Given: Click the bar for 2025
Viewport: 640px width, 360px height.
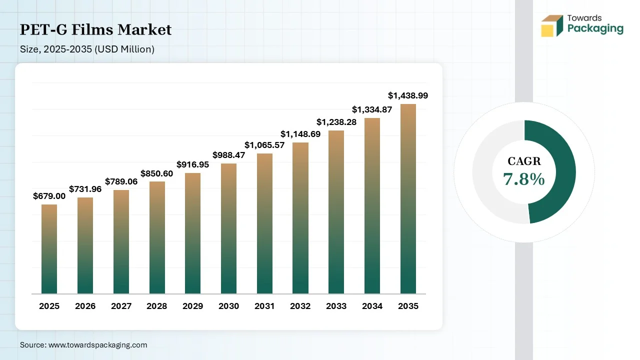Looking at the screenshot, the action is coord(49,249).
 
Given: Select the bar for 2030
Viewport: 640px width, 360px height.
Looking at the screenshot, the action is coord(228,228).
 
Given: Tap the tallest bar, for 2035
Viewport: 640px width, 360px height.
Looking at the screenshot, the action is coord(408,199).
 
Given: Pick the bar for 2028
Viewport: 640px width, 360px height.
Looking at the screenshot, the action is coord(157,237).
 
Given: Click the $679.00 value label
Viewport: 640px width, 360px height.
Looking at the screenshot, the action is coord(49,196).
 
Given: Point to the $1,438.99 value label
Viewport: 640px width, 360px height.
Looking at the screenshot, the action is coord(408,95).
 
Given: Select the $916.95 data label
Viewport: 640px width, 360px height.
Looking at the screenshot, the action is coord(192,164).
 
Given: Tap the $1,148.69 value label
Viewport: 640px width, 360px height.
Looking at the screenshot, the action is coord(300,134).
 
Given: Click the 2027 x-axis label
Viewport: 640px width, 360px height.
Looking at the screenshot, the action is coord(121,306).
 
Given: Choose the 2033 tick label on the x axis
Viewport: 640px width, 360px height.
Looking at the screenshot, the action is coord(336,306).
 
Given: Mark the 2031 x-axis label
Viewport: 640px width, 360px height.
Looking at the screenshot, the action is coord(264,306).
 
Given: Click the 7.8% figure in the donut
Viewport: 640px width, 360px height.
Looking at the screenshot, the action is coord(523,179).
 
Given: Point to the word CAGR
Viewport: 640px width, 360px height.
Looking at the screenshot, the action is coord(524,161).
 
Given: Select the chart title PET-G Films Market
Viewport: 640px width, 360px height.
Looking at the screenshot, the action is coord(95,29).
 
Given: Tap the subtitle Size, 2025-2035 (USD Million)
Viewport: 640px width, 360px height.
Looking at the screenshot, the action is coord(87,49).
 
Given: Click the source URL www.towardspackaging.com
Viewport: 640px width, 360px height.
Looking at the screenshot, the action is coord(97,345).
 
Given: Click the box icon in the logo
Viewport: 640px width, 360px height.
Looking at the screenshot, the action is coord(552,25).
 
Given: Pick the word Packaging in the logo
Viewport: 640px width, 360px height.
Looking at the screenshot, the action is coord(595,29).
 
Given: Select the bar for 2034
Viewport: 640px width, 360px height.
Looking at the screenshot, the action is coord(372,205).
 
